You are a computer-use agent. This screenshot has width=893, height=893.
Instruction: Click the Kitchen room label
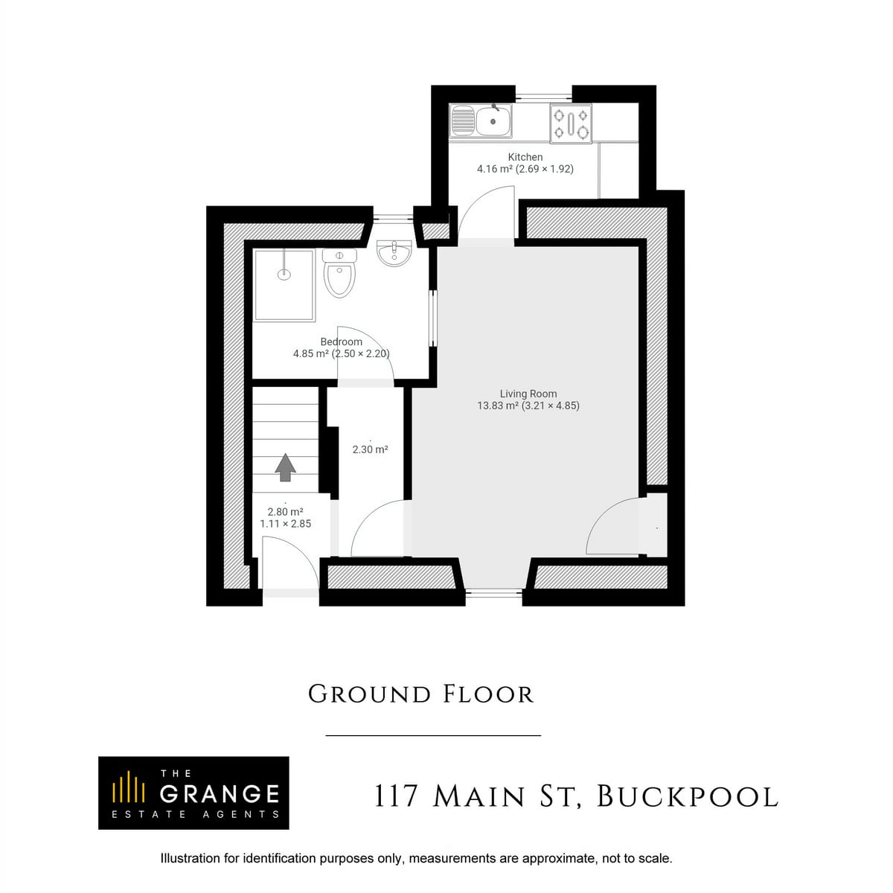(x=525, y=157)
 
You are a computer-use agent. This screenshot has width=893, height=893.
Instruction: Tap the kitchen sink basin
(x=493, y=121)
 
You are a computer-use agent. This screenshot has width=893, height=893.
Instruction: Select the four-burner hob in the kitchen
(x=571, y=124)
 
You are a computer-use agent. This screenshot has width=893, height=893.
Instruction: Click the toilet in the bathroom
(x=339, y=273)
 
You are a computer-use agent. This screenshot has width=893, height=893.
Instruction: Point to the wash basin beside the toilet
(x=394, y=253)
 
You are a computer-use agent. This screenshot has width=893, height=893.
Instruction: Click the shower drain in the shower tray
(x=284, y=275)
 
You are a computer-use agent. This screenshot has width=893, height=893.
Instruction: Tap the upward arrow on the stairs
(x=285, y=467)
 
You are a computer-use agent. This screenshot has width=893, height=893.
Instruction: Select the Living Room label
(x=528, y=394)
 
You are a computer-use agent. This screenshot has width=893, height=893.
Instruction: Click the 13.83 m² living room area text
(x=497, y=406)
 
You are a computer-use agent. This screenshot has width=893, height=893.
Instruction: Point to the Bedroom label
(x=341, y=342)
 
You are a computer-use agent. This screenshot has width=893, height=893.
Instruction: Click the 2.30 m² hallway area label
(x=370, y=449)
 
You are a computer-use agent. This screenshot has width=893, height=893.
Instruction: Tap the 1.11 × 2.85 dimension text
(x=286, y=524)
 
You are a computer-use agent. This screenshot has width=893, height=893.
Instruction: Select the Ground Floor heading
(x=420, y=694)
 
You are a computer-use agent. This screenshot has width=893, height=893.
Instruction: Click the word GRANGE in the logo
(x=220, y=794)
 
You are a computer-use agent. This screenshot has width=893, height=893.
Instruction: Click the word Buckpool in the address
(x=688, y=797)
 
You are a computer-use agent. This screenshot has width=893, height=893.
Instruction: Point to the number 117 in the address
(x=396, y=797)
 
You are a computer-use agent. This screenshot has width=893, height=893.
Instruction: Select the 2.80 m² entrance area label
(x=285, y=511)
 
